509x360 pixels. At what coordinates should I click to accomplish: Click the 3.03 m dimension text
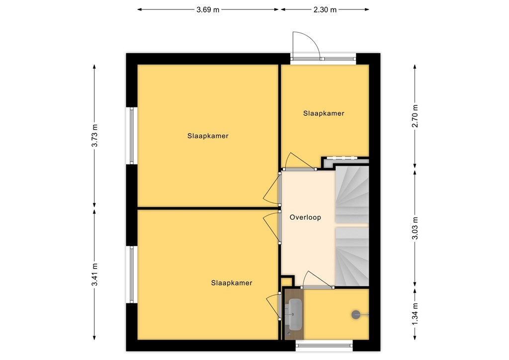pos(415,228)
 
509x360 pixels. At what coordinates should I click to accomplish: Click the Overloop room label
pos(305,217)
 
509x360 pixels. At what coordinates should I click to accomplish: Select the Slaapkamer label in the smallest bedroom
pos(324,113)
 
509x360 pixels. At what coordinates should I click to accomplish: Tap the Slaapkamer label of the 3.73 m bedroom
pos(208,136)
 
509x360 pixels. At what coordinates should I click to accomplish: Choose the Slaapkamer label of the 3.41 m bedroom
pos(231,283)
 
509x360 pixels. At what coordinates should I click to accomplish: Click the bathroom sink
pos(295,314)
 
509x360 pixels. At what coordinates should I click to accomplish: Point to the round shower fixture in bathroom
pos(356,314)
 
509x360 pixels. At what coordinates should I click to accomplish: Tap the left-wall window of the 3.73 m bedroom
pos(132,136)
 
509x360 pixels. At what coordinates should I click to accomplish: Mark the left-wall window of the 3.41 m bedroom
pos(132,274)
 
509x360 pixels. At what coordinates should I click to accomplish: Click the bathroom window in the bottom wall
pos(324,345)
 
